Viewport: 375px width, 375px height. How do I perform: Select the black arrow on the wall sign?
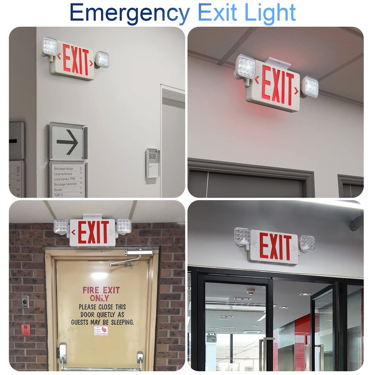pos(67,141)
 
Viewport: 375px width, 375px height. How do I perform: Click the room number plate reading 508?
pos(153,163)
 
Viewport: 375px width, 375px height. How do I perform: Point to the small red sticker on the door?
pos(101,331)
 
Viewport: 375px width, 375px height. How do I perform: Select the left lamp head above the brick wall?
pos(61,227)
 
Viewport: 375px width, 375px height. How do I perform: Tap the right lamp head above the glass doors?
pos(307,243)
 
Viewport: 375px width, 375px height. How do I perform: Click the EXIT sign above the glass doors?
pos(275,246)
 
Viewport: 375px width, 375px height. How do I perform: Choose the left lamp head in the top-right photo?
pos(246,67)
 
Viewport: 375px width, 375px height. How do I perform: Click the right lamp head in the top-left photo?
pos(102,59)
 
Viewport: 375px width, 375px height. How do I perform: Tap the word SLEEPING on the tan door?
pos(120,322)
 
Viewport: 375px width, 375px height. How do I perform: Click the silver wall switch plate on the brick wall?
pos(25,301)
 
